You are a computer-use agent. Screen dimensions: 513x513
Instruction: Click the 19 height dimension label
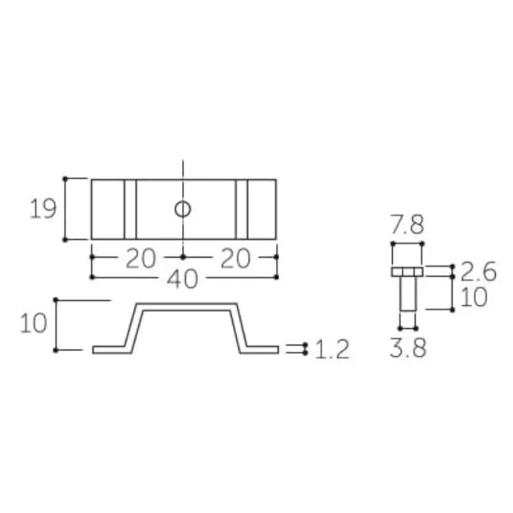(42, 209)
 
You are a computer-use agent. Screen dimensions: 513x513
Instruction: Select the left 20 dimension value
(140, 258)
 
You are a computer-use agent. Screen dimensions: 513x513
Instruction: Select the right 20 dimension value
(235, 258)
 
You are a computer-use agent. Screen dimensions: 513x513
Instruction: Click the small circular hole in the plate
(183, 209)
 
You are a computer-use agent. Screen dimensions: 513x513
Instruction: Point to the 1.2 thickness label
(332, 350)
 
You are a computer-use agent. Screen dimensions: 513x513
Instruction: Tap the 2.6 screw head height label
(478, 271)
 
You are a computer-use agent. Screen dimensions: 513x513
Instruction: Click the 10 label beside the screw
(473, 297)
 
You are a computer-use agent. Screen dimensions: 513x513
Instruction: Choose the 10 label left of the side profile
(33, 324)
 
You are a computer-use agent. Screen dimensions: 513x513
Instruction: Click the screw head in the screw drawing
(407, 272)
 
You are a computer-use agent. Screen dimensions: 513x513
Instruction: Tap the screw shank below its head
(407, 294)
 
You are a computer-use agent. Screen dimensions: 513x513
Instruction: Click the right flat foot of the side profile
(260, 350)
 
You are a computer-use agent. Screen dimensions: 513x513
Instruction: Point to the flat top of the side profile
(185, 307)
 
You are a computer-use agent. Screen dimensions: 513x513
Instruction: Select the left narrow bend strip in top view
(130, 209)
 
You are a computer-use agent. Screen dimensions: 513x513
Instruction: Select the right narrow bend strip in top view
(242, 209)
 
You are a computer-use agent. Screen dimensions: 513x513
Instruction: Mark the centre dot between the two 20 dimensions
(183, 256)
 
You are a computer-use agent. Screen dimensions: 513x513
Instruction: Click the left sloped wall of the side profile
(133, 327)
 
